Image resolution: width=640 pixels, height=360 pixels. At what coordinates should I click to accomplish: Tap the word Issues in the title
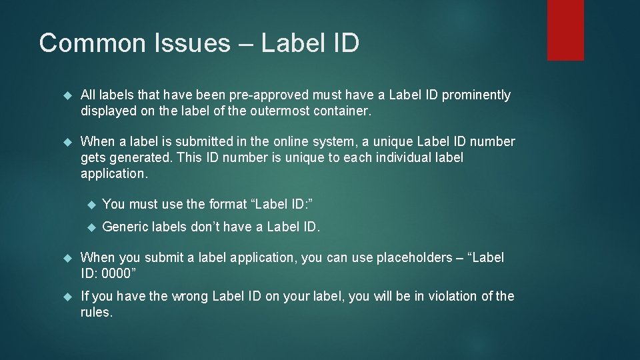(193, 43)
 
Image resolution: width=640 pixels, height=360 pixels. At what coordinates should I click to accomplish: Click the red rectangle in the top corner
(565, 30)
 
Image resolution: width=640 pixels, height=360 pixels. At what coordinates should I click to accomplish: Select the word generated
(137, 158)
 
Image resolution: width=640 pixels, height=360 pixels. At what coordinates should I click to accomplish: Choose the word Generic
(125, 227)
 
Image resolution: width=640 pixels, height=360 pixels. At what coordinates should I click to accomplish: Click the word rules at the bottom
(95, 312)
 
